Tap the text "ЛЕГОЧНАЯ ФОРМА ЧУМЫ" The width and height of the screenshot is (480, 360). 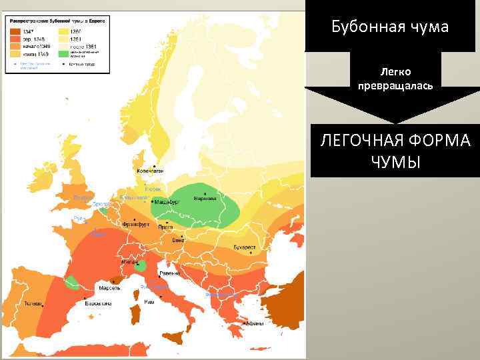pyautogui.click(x=395, y=151)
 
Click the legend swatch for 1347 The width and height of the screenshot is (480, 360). pyautogui.click(x=14, y=31)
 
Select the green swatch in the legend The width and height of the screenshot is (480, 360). pyautogui.click(x=63, y=54)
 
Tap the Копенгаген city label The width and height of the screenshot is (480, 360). pyautogui.click(x=151, y=171)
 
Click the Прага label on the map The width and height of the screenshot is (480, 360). pyautogui.click(x=166, y=227)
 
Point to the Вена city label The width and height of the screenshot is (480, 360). pyautogui.click(x=178, y=239)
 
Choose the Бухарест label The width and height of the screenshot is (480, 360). pyautogui.click(x=244, y=247)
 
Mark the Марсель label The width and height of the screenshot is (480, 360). pyautogui.click(x=109, y=289)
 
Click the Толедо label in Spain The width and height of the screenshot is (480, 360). pyautogui.click(x=33, y=303)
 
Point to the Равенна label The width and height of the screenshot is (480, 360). pyautogui.click(x=168, y=273)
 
